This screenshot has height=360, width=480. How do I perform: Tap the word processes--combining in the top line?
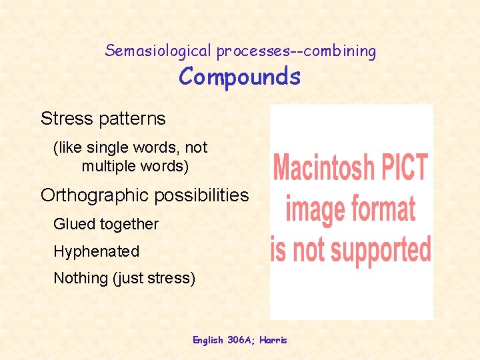[295, 51]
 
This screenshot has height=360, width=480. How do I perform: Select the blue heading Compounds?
[239, 77]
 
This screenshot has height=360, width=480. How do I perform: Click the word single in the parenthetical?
[109, 147]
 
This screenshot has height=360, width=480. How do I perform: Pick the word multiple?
[109, 165]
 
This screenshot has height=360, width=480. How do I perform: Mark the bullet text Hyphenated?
[96, 251]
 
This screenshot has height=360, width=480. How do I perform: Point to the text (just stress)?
[155, 278]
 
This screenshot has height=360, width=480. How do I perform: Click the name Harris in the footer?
[273, 340]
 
